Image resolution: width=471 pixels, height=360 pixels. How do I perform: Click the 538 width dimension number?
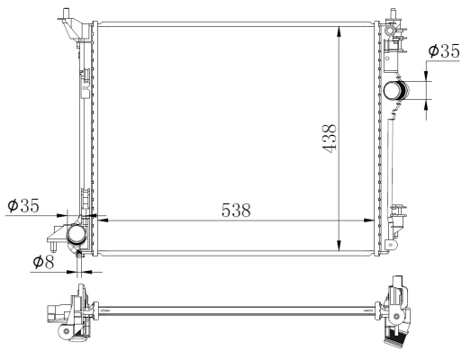[x=235, y=210]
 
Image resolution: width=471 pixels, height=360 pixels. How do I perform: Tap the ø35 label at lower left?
[x=23, y=207]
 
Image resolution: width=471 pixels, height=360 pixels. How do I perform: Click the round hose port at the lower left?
[x=74, y=236]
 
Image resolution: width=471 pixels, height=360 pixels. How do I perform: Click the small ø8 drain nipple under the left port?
[x=80, y=257]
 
